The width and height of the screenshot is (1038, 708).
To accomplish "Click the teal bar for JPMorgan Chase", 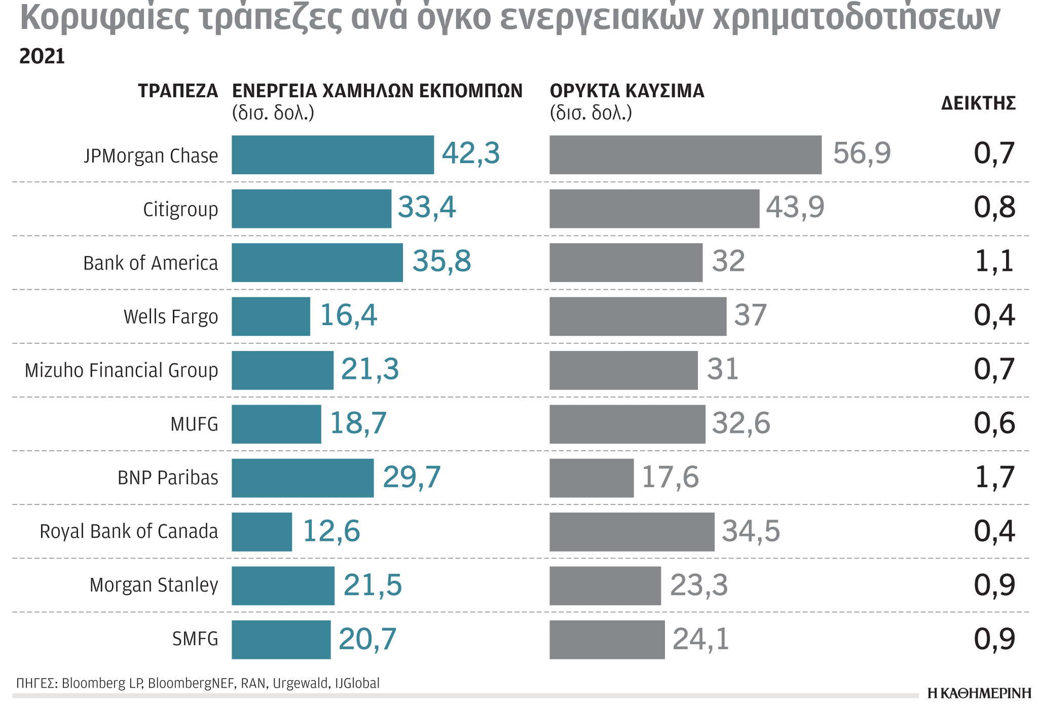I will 332,155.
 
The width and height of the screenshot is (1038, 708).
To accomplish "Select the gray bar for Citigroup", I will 654,209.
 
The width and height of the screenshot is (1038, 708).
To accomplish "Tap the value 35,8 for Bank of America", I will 441,261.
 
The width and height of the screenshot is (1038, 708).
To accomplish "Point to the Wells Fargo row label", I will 171,317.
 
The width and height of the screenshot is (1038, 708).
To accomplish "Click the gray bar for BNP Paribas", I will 591,478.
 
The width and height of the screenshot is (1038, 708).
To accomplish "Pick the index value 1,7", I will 994,477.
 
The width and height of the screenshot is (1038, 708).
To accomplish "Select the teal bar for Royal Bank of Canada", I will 262,532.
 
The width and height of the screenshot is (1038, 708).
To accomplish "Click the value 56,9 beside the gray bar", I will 862,153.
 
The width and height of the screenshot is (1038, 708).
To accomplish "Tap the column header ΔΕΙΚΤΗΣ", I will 978,103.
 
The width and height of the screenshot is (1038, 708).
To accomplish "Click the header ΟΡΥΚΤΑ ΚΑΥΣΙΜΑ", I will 627,91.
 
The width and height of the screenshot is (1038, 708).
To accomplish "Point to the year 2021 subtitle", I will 42,57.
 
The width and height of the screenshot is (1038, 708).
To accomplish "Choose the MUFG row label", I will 194,424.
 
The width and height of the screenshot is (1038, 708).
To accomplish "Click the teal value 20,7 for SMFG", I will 367,639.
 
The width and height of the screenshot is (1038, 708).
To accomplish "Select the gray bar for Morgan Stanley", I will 605,585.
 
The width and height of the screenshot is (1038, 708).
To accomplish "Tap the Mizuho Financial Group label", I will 121,371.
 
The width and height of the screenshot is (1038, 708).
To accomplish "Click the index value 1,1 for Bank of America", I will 994,261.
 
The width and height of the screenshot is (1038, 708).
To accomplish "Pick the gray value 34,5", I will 751,531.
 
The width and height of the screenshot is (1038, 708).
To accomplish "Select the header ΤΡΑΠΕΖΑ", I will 178,91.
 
